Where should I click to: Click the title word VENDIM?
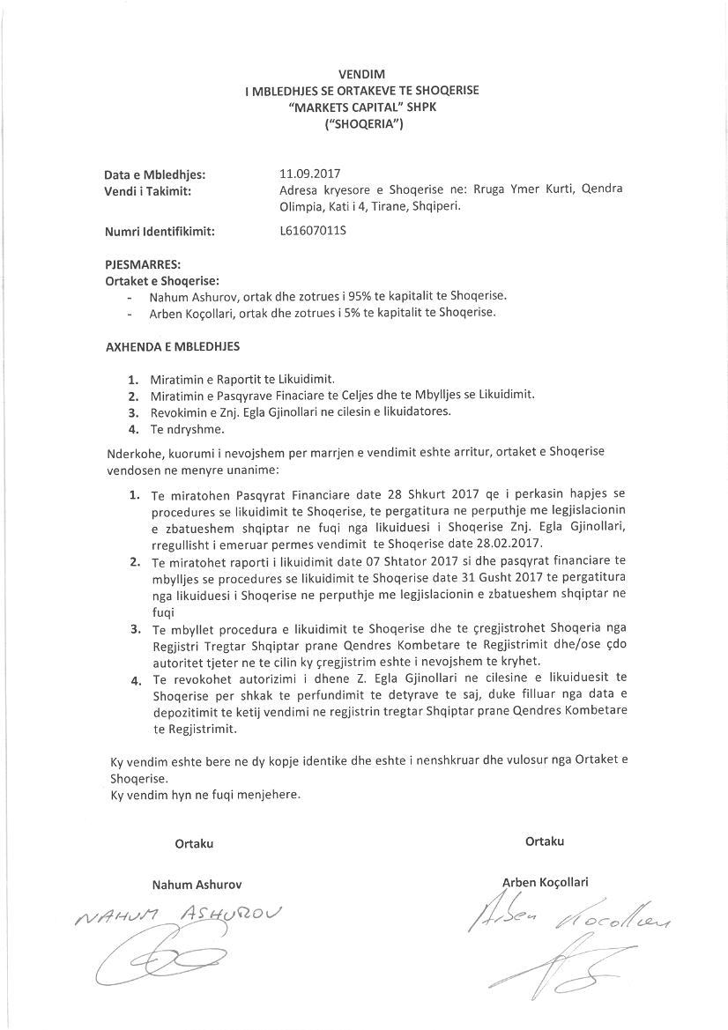pos(362,74)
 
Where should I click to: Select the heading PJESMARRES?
pos(143,264)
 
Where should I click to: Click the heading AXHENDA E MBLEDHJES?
pos(172,347)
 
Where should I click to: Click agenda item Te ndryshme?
pos(187,430)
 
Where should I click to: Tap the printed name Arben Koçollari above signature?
pos(545,882)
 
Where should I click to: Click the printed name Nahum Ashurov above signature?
pos(197,884)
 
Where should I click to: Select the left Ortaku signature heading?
pos(194,843)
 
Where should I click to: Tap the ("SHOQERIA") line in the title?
pos(362,124)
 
